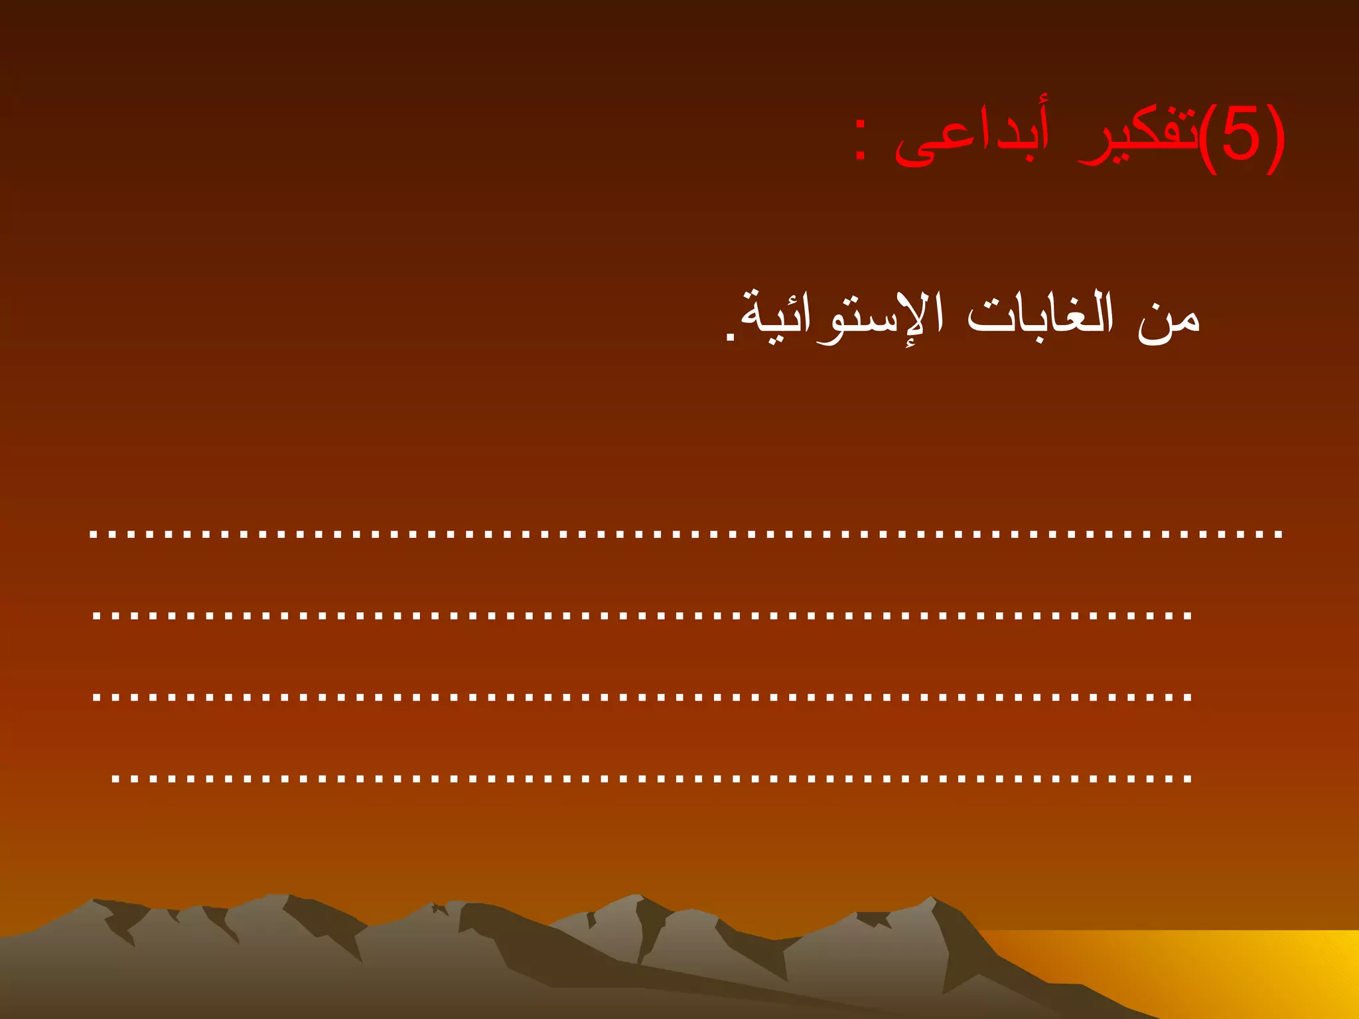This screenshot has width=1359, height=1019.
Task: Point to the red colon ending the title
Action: point(861,140)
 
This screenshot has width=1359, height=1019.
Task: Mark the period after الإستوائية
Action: point(731,338)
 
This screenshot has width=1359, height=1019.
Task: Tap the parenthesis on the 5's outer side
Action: point(1275,139)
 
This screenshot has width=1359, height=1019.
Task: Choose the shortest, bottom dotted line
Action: point(651,778)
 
